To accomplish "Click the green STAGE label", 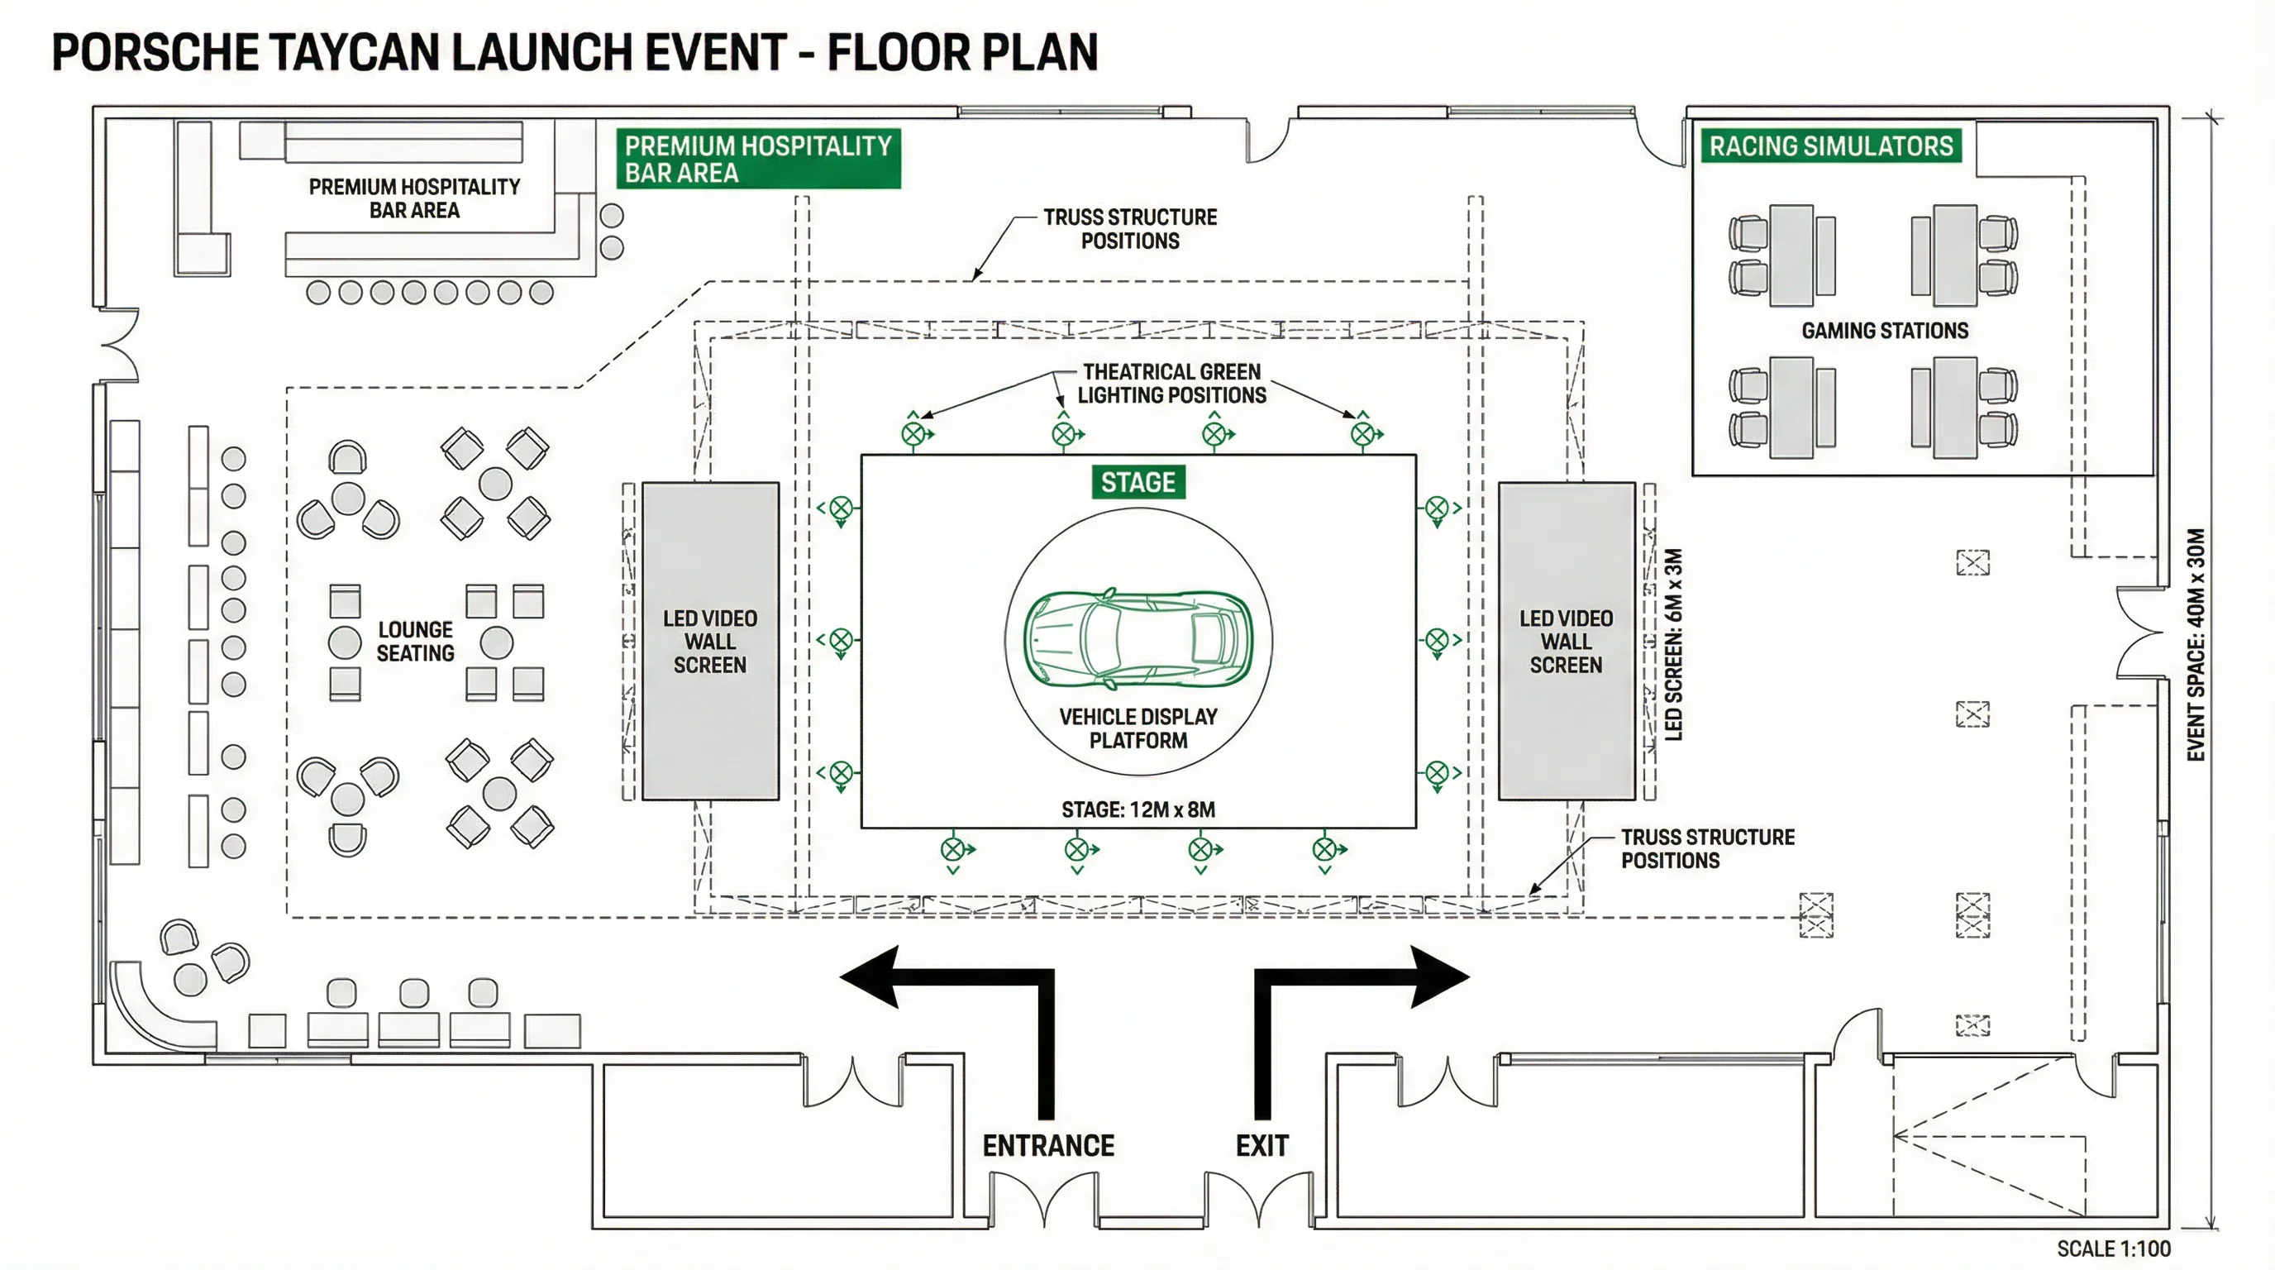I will pos(1137,482).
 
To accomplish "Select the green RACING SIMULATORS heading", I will pos(1831,146).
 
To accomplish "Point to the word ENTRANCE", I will pos(1048,1145).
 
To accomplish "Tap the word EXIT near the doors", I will pos(1262,1145).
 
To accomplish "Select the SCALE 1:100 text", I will pos(2113,1248).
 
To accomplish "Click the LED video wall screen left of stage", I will pos(710,641).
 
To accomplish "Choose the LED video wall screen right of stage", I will pos(1566,641).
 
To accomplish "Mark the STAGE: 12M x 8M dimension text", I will pos(1137,809).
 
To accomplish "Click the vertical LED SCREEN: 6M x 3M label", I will pos(1672,645).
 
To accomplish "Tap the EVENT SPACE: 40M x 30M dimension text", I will pos(2196,645).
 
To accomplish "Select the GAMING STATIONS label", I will pos(1885,330).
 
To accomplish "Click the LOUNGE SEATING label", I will pos(415,641).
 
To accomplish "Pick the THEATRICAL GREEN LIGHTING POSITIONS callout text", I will pos(1171,384).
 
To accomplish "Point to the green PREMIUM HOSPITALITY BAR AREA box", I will pos(758,159).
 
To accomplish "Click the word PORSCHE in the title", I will pos(155,52).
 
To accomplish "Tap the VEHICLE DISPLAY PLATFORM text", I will pos(1137,728).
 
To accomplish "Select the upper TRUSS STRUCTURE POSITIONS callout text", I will pos(1129,229).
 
